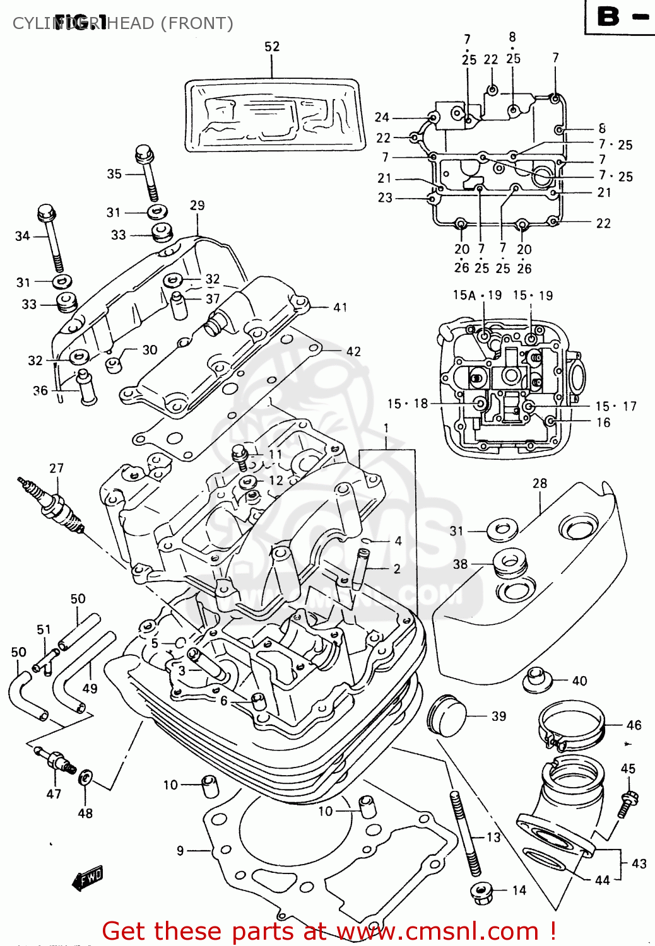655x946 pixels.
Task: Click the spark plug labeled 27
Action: [x=54, y=505]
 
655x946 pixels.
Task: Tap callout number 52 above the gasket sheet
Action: [x=272, y=47]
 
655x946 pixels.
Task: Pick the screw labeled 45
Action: [x=628, y=803]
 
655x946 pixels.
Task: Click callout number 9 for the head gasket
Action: [x=180, y=851]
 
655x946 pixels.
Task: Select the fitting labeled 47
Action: [x=57, y=761]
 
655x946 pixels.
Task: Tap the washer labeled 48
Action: [x=85, y=779]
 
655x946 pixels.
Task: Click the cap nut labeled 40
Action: [x=537, y=679]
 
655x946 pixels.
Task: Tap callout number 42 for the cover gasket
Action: [x=353, y=351]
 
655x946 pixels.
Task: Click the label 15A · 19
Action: [x=477, y=295]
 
